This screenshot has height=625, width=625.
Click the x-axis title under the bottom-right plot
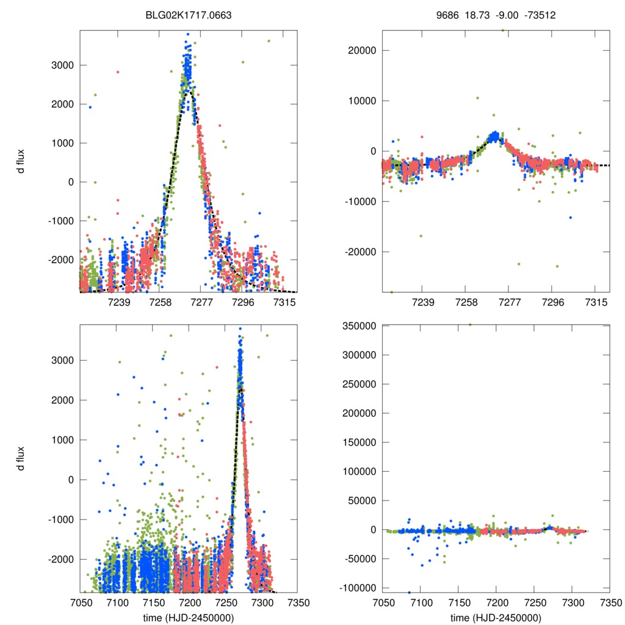pos(496,617)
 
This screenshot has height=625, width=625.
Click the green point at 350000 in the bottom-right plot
pos(469,325)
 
